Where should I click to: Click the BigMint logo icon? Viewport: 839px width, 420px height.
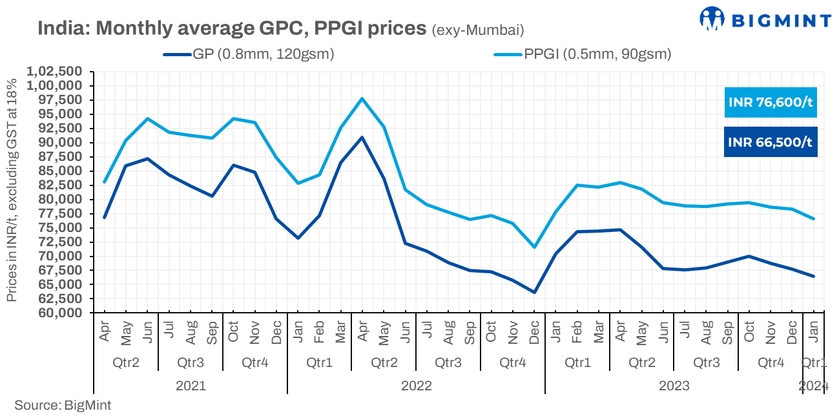click(x=712, y=19)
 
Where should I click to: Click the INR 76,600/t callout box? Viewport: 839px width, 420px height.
click(x=770, y=103)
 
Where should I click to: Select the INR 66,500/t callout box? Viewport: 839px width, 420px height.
click(x=770, y=142)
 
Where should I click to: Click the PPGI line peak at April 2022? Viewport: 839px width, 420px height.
click(x=362, y=98)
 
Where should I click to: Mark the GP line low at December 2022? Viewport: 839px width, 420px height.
click(x=534, y=292)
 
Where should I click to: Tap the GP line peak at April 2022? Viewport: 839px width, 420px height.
click(x=362, y=137)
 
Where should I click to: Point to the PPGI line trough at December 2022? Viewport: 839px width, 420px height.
click(x=534, y=247)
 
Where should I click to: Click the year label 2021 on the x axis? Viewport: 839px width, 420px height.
click(x=191, y=386)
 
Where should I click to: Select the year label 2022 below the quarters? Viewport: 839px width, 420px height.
click(x=417, y=386)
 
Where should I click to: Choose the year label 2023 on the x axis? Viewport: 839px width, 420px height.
click(x=674, y=386)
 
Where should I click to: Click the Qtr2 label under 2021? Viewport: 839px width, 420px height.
click(x=126, y=362)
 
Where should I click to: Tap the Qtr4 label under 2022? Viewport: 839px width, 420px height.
click(x=513, y=362)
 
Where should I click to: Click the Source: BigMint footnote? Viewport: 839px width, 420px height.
click(x=63, y=406)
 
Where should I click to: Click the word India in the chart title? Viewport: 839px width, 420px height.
click(x=63, y=28)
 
